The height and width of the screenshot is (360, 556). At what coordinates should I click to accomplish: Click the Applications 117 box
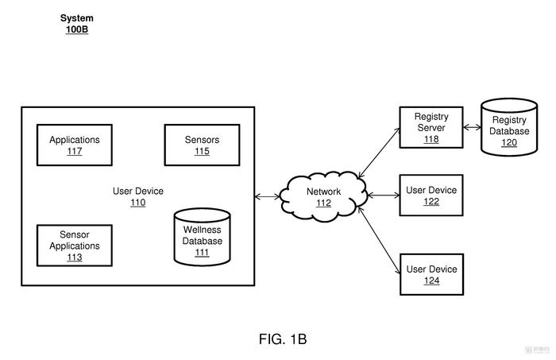pos(75,145)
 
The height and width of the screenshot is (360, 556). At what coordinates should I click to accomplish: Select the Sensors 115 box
pos(202,145)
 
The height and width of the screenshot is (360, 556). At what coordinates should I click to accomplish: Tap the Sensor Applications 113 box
pos(75,246)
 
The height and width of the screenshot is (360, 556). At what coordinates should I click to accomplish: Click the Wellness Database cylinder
pos(202,237)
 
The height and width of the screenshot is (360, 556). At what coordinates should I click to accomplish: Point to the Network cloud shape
pos(323,196)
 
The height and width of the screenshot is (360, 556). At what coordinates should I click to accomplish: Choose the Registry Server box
pos(431,127)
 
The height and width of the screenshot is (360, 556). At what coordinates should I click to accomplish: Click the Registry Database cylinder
pos(509,127)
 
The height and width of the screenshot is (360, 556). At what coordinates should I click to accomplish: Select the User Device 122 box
pos(431,195)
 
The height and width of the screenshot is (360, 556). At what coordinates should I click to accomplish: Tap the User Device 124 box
pos(432,274)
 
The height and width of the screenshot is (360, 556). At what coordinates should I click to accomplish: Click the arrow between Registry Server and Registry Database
pos(473,127)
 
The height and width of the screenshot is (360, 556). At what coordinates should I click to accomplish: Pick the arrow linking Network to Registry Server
pos(379,153)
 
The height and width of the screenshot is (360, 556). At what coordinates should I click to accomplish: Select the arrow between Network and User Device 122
pos(384,195)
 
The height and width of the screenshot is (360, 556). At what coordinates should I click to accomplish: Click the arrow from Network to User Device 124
pos(379,241)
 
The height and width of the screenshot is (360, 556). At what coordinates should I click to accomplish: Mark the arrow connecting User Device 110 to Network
pos(267,196)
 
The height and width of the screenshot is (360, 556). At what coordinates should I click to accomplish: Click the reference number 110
pos(138,203)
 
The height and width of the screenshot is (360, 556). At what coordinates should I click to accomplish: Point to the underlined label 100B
pos(77,29)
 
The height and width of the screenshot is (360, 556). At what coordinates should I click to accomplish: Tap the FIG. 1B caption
pos(283,339)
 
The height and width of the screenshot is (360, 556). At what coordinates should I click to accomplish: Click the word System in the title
pos(77,18)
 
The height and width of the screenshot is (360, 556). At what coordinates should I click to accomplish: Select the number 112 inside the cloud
pos(323,203)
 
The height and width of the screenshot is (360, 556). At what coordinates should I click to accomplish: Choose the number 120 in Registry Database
pos(509,142)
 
